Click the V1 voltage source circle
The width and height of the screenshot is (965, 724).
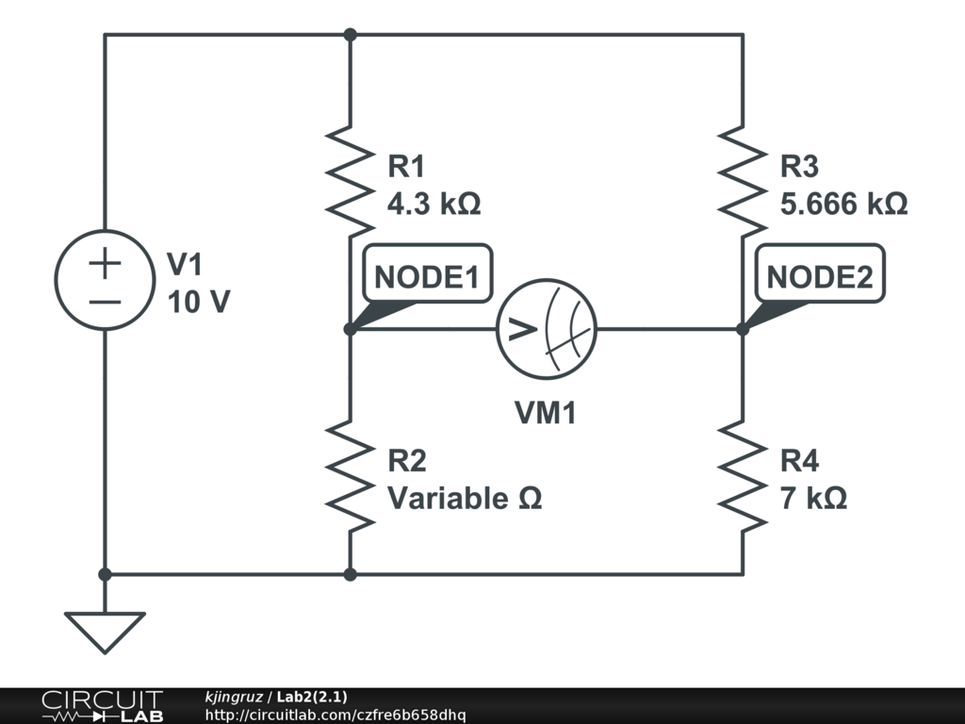(105, 280)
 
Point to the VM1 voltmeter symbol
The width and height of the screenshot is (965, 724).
(547, 329)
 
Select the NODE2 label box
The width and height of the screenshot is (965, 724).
(825, 278)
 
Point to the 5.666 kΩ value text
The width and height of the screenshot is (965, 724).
(843, 204)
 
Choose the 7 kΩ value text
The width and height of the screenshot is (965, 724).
(813, 497)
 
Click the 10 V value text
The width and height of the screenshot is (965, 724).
(198, 302)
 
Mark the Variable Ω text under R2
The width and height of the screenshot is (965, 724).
(465, 497)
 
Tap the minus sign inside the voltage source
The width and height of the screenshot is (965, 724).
(105, 302)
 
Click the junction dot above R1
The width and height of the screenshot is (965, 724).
(350, 35)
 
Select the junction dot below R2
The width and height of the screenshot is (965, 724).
(350, 573)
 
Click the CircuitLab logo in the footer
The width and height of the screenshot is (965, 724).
(102, 706)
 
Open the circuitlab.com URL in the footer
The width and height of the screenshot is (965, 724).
(335, 716)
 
